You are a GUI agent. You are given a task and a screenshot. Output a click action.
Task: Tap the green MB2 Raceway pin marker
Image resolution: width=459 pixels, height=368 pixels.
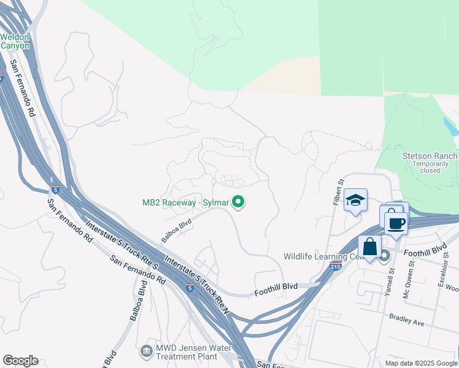tap(239, 201)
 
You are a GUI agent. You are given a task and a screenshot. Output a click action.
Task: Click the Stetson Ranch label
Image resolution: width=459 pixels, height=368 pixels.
tap(430, 156)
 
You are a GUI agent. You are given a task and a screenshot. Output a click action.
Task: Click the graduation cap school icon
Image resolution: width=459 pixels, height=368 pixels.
tap(355, 199)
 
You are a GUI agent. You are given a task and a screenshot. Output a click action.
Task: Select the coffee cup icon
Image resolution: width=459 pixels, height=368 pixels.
tap(396, 223)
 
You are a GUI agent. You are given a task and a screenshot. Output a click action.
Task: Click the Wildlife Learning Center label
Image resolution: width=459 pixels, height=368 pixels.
tap(320, 256)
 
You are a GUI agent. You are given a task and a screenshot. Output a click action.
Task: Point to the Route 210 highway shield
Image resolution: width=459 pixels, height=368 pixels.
tap(335, 266)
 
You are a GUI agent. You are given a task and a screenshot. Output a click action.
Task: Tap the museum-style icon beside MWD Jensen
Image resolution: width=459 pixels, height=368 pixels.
tap(147, 351)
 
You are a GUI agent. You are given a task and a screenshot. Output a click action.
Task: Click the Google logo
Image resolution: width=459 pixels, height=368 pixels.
tap(20, 361)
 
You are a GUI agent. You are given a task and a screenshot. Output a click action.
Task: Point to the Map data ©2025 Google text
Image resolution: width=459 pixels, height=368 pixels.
tap(420, 363)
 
